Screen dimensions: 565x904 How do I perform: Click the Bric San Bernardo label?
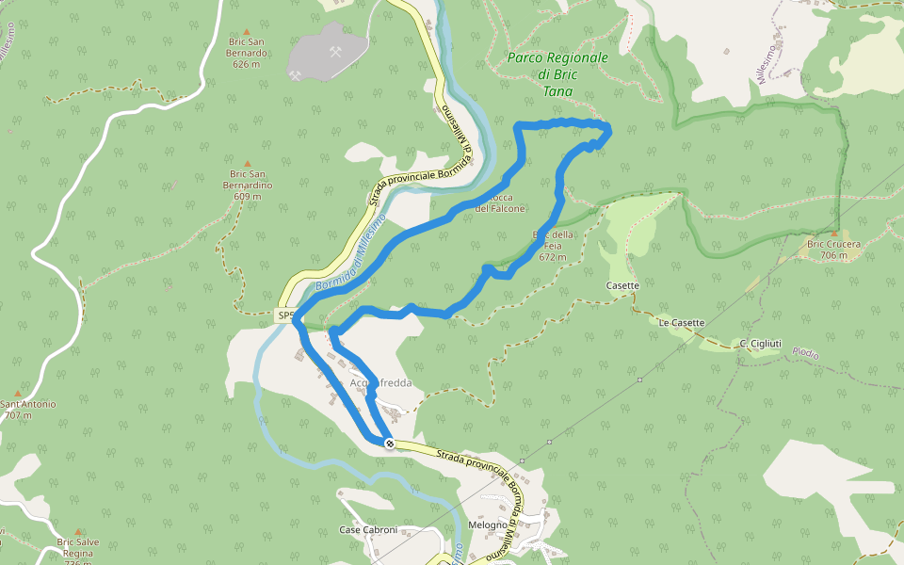[x=248, y=53]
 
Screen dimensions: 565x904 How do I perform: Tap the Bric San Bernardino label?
[x=248, y=185]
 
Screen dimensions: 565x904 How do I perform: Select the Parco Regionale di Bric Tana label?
[x=557, y=74]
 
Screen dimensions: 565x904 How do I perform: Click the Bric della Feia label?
[x=553, y=245]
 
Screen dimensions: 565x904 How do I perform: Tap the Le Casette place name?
[x=681, y=323]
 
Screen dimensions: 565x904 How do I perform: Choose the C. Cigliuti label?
[x=760, y=343]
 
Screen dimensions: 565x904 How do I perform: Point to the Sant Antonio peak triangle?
[x=18, y=394]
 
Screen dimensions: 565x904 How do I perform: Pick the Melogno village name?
[x=487, y=525]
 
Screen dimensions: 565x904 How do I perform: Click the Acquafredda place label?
[x=380, y=384]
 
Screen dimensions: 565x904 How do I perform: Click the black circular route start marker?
[x=389, y=443]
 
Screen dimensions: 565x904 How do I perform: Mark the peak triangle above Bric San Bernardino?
[x=248, y=163]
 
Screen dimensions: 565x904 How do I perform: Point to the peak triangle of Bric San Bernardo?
[x=248, y=31]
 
